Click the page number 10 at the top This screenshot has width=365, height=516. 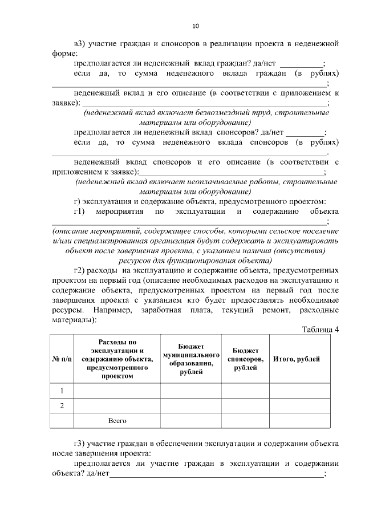[x=196, y=26]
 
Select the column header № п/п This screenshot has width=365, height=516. [x=62, y=359]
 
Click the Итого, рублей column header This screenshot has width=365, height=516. [x=297, y=359]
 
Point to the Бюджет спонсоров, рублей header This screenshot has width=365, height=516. [x=245, y=359]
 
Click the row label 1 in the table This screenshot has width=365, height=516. [x=62, y=391]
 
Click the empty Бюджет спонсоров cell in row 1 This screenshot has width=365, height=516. [x=245, y=391]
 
